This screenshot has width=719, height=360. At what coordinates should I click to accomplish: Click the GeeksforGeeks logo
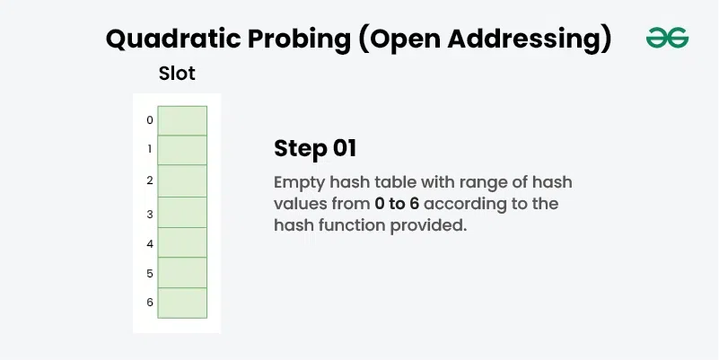coord(667,38)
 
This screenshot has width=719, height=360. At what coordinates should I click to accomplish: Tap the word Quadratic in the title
coord(173,39)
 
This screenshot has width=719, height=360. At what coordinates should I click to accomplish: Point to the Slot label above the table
coord(177,74)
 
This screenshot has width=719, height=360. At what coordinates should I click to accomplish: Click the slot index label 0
coord(150,120)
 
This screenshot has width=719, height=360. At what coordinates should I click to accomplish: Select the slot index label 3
coord(150,214)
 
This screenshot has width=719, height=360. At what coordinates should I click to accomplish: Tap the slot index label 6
coord(150,303)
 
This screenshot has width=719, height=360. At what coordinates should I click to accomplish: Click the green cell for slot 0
coord(182,120)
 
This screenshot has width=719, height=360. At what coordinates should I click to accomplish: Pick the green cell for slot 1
coord(182,150)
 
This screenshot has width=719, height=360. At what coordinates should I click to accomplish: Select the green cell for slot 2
coord(182,180)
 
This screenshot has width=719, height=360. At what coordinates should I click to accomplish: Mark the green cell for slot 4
coord(182,242)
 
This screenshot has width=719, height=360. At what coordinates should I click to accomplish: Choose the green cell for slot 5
coord(182,273)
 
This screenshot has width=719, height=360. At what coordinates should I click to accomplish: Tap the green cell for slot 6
coord(182,303)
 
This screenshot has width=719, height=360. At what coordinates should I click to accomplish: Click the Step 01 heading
coord(315,149)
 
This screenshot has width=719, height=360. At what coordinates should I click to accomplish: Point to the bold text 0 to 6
coord(397,204)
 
